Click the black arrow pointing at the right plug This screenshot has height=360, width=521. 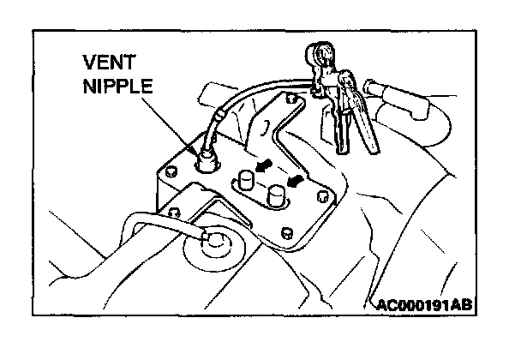coord(296,180)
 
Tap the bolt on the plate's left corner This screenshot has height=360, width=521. coord(171,168)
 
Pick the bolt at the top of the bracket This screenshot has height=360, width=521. coord(292,101)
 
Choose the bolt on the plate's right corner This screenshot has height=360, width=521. coord(322,196)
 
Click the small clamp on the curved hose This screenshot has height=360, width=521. coord(220,113)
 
